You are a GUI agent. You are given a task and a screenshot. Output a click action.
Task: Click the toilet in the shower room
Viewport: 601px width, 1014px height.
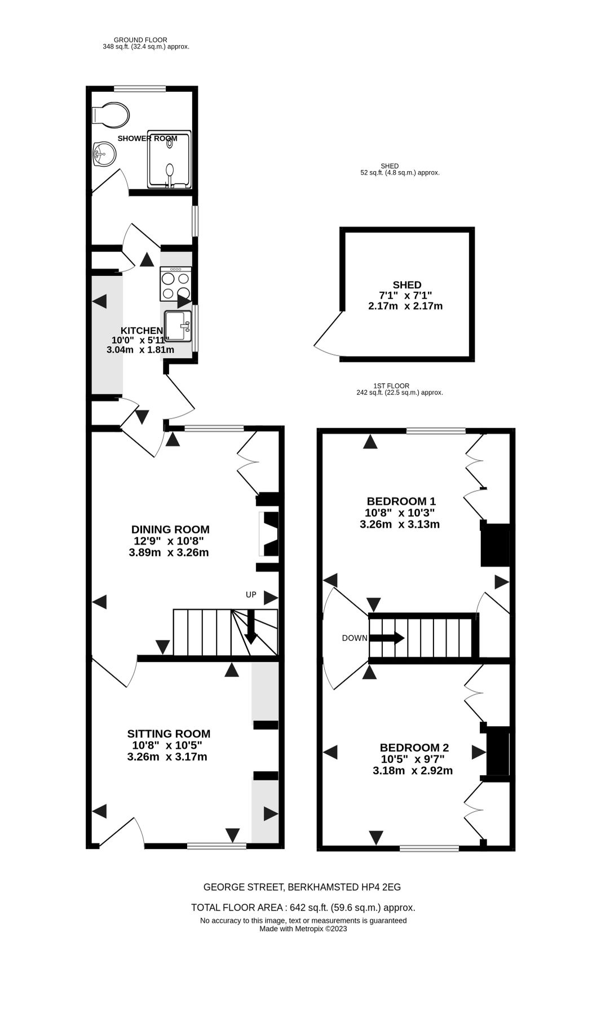(111, 115)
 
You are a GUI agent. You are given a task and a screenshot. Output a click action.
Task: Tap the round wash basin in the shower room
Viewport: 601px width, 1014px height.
(104, 153)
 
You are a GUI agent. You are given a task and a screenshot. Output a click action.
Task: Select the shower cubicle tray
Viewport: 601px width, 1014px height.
(170, 160)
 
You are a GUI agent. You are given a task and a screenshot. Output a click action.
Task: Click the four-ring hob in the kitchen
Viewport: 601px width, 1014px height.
(175, 284)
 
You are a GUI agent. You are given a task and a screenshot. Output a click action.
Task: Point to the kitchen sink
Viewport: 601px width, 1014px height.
(178, 326)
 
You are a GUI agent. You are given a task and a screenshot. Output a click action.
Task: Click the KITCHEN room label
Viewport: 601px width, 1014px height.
(142, 331)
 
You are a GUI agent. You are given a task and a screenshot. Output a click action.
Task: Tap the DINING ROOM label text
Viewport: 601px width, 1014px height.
(170, 530)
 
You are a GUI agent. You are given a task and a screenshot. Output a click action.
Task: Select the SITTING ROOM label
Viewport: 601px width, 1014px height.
(169, 733)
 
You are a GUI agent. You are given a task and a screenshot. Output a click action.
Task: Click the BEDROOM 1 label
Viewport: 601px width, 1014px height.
(401, 501)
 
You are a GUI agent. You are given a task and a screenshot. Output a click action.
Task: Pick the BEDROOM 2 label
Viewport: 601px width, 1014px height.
(414, 748)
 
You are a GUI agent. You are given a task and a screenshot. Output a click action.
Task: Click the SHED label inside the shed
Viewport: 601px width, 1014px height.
(407, 285)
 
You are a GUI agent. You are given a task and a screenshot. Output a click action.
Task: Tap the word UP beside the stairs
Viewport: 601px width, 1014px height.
(251, 595)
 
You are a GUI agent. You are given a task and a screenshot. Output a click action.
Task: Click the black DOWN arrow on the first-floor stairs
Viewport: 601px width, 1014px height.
(387, 638)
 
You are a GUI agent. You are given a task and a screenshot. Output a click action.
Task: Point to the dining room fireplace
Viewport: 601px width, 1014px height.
(269, 533)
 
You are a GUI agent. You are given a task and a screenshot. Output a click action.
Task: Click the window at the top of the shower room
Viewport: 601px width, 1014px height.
(140, 88)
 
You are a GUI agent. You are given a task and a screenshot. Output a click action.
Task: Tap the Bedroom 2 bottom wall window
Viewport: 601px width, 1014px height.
(429, 848)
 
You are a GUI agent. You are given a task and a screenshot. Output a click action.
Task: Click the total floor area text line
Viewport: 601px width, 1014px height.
(303, 908)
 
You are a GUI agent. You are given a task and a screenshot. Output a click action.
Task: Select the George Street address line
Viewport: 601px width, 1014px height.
(302, 887)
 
